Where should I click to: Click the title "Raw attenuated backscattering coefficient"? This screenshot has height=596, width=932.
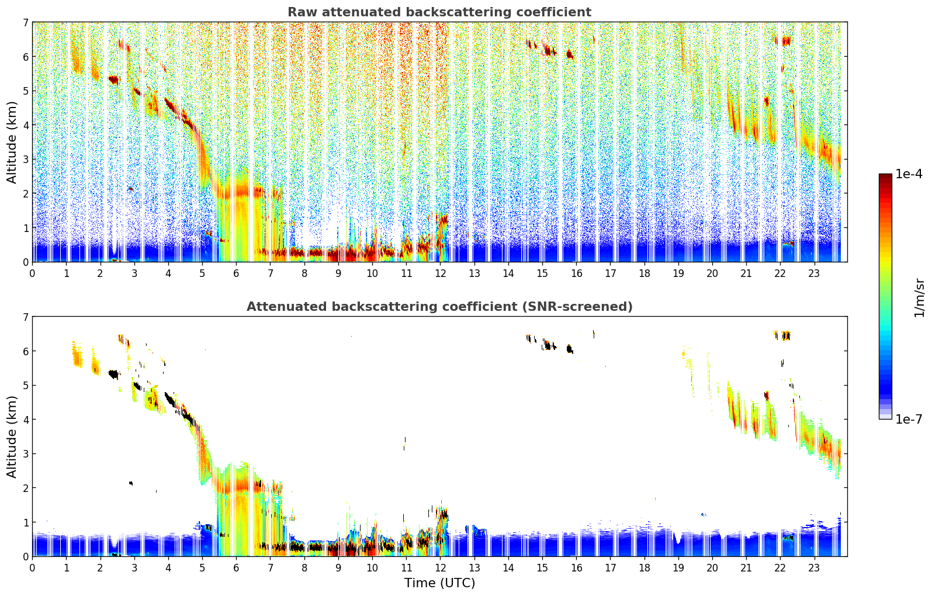(x=439, y=12)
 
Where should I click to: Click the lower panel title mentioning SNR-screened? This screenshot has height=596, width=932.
(x=439, y=307)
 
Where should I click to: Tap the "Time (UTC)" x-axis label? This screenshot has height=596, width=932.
(x=439, y=583)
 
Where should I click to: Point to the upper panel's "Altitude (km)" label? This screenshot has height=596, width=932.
(x=12, y=142)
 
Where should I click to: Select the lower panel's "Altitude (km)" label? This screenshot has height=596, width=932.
(x=12, y=436)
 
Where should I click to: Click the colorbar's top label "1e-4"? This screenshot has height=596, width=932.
(x=909, y=174)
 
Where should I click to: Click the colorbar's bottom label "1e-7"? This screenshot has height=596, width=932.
(x=909, y=419)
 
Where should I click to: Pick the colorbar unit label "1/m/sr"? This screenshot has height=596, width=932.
(x=919, y=297)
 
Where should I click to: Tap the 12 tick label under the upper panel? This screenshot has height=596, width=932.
(x=440, y=273)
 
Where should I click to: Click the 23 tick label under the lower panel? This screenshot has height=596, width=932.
(x=814, y=568)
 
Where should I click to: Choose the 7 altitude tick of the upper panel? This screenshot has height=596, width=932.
(x=25, y=22)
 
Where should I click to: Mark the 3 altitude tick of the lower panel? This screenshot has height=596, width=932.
(x=25, y=453)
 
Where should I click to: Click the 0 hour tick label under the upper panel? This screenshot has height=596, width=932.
(x=32, y=273)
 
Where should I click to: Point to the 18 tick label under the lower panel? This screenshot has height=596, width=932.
(x=644, y=568)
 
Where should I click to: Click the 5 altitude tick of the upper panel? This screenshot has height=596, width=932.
(x=25, y=91)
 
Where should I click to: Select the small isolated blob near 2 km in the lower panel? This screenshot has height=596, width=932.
(x=131, y=483)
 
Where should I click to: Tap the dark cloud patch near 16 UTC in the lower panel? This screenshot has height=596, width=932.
(x=570, y=349)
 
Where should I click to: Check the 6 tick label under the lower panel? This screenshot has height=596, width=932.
(x=236, y=568)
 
